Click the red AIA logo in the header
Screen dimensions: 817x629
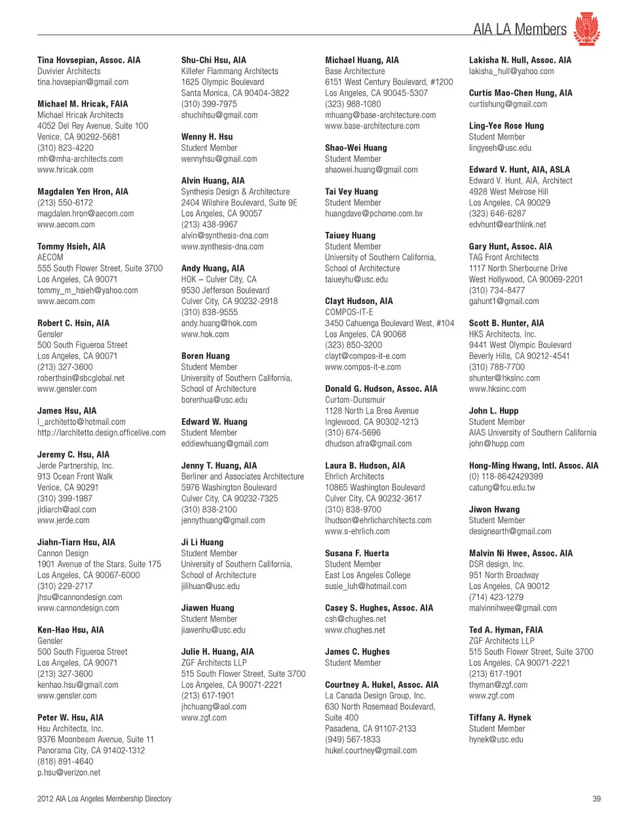[586, 29]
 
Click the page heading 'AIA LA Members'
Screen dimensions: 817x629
[520, 29]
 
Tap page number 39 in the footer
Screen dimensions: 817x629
[596, 799]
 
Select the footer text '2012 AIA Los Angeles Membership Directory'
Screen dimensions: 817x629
[104, 799]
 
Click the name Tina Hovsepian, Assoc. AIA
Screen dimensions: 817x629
[88, 60]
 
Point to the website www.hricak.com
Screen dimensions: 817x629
[65, 170]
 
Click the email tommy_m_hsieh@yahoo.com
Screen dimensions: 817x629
[87, 290]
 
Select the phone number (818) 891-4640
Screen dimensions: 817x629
[65, 761]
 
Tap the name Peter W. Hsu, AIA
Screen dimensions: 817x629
[70, 717]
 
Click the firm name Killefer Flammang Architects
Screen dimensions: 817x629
[229, 71]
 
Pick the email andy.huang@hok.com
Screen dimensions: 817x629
[219, 323]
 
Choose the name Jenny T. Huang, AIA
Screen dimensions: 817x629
[219, 466]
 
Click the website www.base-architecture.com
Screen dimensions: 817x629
[372, 126]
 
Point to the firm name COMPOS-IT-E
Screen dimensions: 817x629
[349, 312]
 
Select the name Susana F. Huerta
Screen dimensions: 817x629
[356, 554]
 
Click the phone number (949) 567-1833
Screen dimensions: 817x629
[353, 740]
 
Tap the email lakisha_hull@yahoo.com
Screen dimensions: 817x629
[511, 71]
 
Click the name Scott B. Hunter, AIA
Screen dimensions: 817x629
[506, 323]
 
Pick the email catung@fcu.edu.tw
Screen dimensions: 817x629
[501, 487]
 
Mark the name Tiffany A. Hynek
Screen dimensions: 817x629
[499, 717]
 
